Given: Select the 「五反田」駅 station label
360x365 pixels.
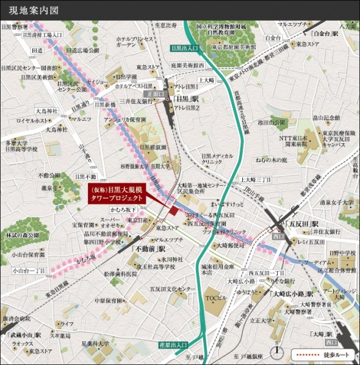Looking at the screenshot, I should click(x=303, y=224).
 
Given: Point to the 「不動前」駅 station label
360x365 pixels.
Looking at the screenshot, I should click(x=149, y=249).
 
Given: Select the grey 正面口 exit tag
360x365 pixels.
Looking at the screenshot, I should click(x=156, y=94).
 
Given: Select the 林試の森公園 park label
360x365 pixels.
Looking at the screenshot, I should click(x=23, y=235).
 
